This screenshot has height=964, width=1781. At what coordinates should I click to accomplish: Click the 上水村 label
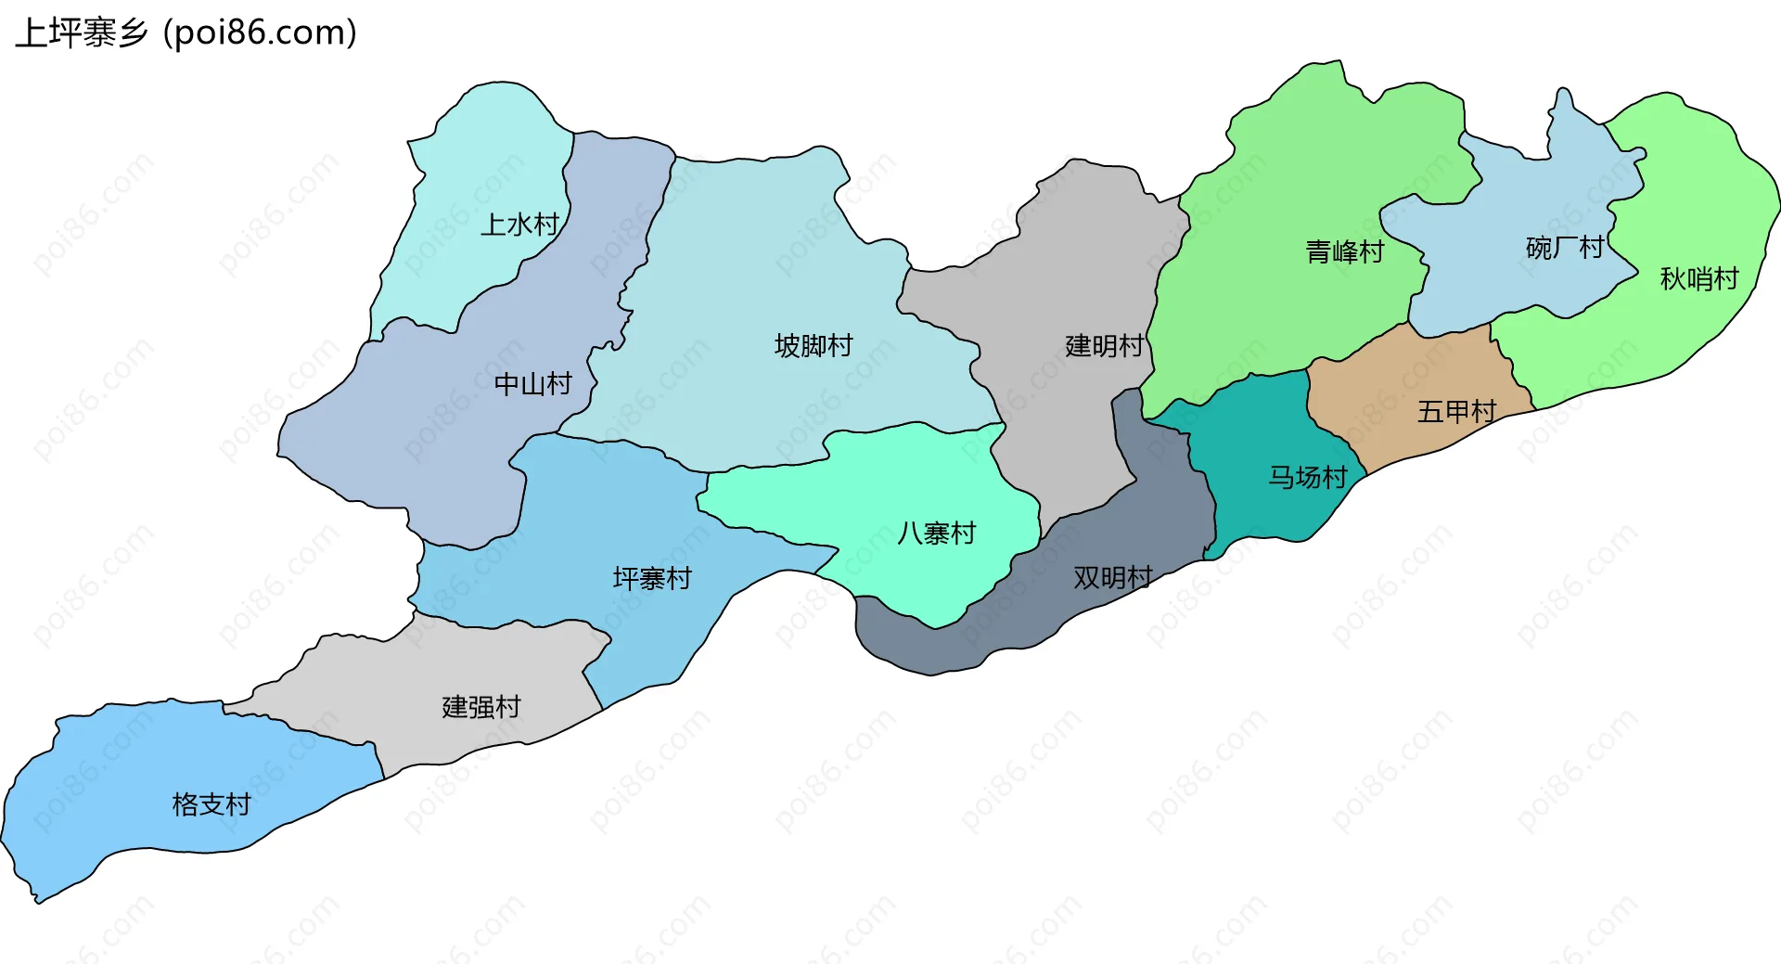(x=519, y=225)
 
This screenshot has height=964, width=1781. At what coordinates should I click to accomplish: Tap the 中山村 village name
(x=532, y=384)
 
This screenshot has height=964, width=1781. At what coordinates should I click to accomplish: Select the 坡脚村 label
(x=814, y=346)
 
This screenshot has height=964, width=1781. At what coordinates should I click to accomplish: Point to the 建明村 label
(x=1104, y=346)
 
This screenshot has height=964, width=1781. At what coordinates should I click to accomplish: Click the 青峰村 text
(x=1344, y=251)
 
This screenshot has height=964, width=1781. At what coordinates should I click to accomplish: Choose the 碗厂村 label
(x=1564, y=248)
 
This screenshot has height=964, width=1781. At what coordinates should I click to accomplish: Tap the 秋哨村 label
(x=1698, y=278)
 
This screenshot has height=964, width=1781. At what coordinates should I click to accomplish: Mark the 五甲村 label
(x=1456, y=411)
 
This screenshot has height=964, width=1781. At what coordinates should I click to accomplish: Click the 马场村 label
(x=1307, y=477)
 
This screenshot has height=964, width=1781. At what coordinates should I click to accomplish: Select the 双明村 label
(x=1112, y=577)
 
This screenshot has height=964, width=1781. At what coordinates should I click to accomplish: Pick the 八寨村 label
(x=936, y=533)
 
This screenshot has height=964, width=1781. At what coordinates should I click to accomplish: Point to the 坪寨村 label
(x=652, y=579)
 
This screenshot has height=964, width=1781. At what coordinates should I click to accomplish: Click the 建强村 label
(x=480, y=707)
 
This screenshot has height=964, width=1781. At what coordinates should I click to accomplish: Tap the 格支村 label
(x=211, y=804)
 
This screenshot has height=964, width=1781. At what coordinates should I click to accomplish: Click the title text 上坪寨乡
(x=82, y=33)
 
